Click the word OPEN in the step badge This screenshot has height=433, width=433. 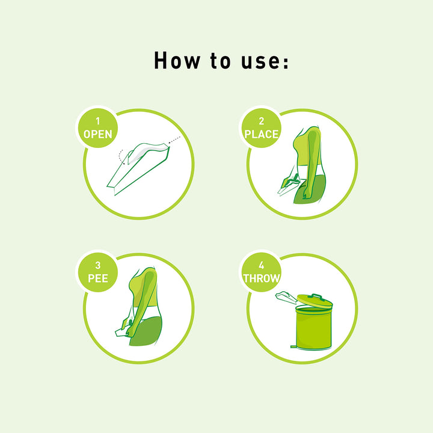[x=97, y=134]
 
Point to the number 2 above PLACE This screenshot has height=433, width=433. [x=261, y=121]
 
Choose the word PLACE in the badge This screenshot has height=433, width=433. [x=262, y=134]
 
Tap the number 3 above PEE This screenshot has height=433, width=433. [x=97, y=266]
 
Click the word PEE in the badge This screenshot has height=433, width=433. [x=97, y=278]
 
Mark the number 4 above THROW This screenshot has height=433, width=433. [x=261, y=266]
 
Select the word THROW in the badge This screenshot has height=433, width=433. [x=262, y=278]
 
